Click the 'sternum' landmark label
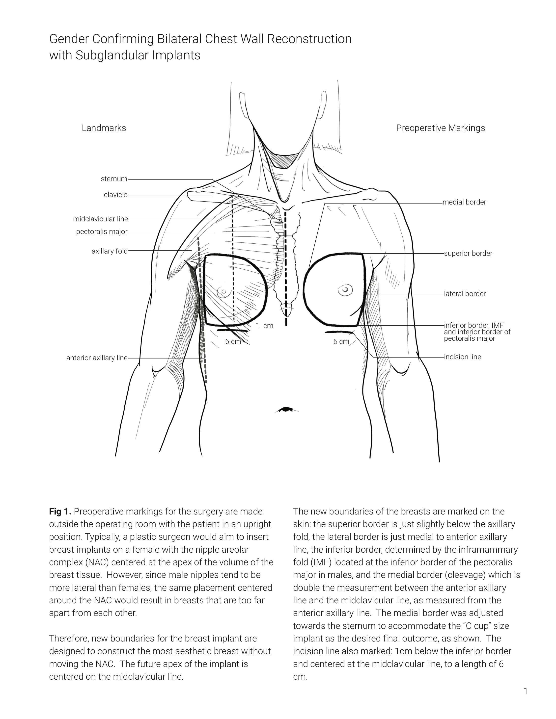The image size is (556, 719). click(114, 179)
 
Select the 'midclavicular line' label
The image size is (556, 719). click(100, 219)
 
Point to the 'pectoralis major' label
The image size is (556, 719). click(101, 231)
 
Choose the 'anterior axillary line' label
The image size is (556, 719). click(97, 358)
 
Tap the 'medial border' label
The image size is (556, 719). click(464, 202)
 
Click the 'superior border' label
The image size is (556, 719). click(468, 254)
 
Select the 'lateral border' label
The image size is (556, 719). click(465, 294)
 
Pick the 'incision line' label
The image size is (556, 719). click(462, 357)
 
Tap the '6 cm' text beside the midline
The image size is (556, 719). click(341, 341)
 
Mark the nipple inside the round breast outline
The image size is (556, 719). click(345, 290)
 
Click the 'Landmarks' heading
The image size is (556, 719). click(104, 128)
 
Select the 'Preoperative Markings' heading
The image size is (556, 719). click(440, 128)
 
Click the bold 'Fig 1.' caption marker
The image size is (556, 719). click(60, 512)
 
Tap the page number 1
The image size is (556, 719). click(525, 691)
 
